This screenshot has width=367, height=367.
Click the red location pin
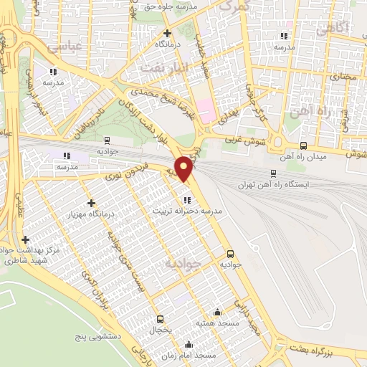pyautogui.click(x=184, y=168)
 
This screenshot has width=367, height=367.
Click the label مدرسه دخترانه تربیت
pyautogui.click(x=187, y=212)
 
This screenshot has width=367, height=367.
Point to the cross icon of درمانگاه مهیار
pyautogui.click(x=90, y=204)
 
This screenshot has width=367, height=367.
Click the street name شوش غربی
pyautogui.click(x=245, y=141)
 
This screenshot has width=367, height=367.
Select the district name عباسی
pyautogui.click(x=62, y=47)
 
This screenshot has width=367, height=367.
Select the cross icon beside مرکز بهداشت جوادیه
pyautogui.click(x=26, y=239)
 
